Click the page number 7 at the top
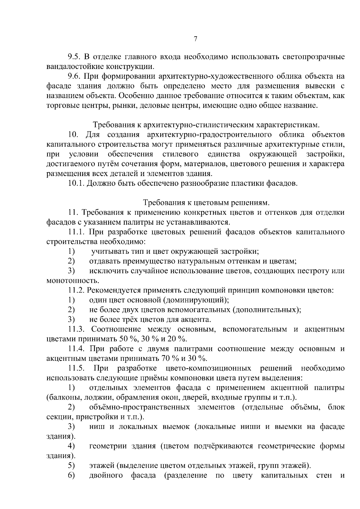tap(195, 39)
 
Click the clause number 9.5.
tap(74, 56)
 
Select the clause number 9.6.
tap(74, 76)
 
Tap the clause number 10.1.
tap(76, 183)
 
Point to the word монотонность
tap(72, 281)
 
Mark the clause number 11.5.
tap(77, 368)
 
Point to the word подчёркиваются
tap(224, 446)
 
